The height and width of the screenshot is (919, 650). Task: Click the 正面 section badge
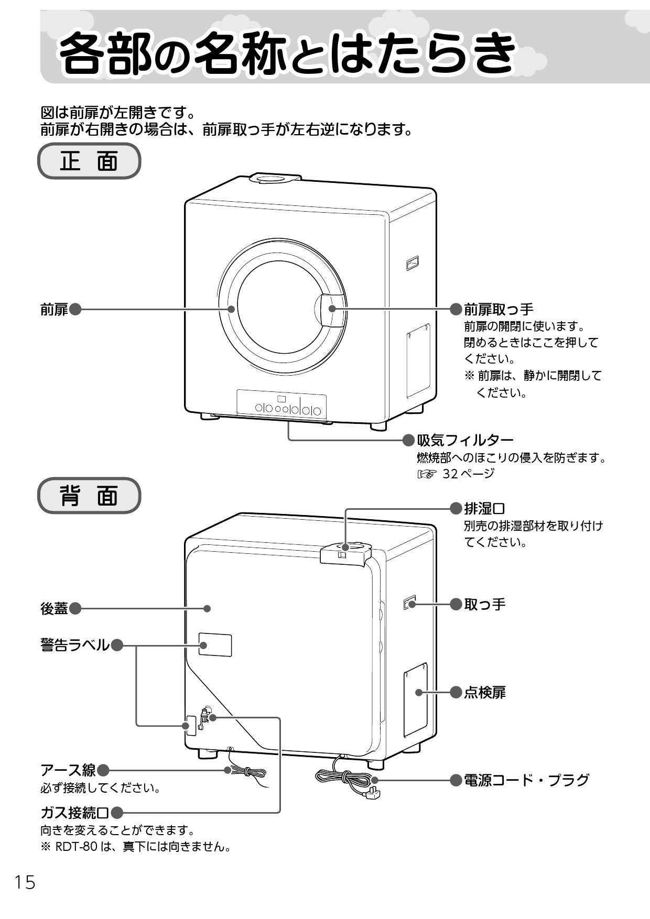pyautogui.click(x=89, y=161)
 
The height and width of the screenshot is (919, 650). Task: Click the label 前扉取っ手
pyautogui.click(x=499, y=309)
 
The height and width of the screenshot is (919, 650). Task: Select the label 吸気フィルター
pyautogui.click(x=464, y=440)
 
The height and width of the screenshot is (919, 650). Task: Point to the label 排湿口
pyautogui.click(x=484, y=508)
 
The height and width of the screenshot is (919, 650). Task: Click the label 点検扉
pyautogui.click(x=484, y=693)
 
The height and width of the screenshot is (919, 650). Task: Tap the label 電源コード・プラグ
pyautogui.click(x=526, y=780)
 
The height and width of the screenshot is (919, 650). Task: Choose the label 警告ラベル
pyautogui.click(x=75, y=645)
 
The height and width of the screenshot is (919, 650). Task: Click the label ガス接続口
pyautogui.click(x=75, y=813)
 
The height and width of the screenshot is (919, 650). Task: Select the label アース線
pyautogui.click(x=68, y=770)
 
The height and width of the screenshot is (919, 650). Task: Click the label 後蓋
pyautogui.click(x=55, y=608)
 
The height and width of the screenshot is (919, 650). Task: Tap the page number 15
pyautogui.click(x=25, y=883)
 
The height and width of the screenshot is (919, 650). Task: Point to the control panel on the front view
pyautogui.click(x=281, y=404)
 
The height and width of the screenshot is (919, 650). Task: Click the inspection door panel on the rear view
pyautogui.click(x=415, y=699)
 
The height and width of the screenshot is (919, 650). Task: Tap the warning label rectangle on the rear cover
pyautogui.click(x=215, y=644)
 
